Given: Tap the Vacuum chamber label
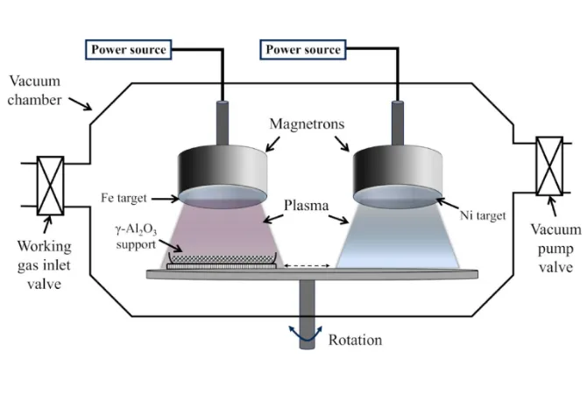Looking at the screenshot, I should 32,91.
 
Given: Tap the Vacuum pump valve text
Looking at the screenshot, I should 555,245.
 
